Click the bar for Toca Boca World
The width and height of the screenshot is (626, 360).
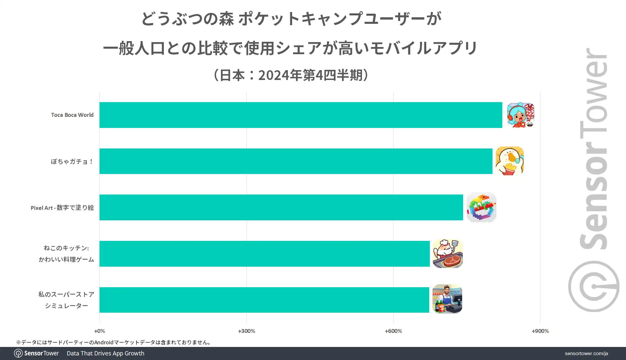(301, 115)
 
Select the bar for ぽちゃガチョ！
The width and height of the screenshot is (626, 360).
(296, 161)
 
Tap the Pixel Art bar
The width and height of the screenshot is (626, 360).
(281, 208)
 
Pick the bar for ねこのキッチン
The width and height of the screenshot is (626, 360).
(264, 254)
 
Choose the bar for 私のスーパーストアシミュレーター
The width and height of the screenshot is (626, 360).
(264, 300)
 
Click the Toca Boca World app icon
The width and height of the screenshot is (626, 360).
(520, 115)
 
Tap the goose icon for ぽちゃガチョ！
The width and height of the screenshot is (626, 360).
(509, 161)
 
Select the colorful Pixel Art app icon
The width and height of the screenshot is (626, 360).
(481, 207)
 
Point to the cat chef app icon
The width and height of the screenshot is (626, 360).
(447, 254)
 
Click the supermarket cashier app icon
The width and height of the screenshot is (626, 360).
(447, 299)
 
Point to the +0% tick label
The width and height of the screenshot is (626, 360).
(100, 331)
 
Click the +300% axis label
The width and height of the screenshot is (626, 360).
(246, 331)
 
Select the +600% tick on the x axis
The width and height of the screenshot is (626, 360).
(393, 331)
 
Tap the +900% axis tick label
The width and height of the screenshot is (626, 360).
(540, 331)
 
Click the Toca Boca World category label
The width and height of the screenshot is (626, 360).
(72, 115)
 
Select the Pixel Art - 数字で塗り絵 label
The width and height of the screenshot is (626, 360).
(62, 208)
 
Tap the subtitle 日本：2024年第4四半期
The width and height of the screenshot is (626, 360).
(291, 75)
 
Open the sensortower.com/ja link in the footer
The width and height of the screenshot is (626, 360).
(586, 353)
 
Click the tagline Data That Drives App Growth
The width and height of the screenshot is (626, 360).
(105, 353)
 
